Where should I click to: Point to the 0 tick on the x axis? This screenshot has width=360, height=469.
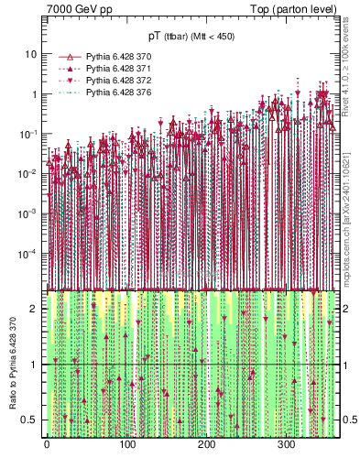pyautogui.click(x=47, y=446)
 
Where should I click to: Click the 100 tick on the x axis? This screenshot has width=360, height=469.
pyautogui.click(x=126, y=446)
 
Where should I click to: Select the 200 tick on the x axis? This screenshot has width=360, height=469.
pyautogui.click(x=206, y=446)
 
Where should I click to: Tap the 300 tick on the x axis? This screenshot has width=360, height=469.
pyautogui.click(x=286, y=446)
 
